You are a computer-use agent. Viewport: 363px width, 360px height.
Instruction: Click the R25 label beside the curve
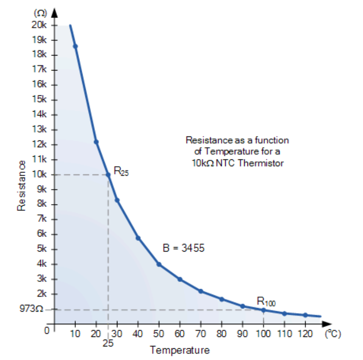pyautogui.click(x=121, y=171)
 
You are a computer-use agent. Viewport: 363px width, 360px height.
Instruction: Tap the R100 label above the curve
pyautogui.click(x=266, y=301)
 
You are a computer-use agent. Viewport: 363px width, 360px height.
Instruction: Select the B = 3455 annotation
pyautogui.click(x=183, y=248)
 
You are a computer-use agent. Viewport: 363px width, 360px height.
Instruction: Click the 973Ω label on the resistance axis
pyautogui.click(x=31, y=309)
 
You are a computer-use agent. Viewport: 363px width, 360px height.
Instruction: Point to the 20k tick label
pyautogui.click(x=38, y=25)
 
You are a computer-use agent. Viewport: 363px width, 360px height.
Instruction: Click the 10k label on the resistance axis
pyautogui.click(x=38, y=174)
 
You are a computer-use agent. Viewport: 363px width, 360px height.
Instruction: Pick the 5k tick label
pyautogui.click(x=40, y=249)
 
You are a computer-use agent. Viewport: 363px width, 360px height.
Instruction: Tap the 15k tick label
pyautogui.click(x=38, y=100)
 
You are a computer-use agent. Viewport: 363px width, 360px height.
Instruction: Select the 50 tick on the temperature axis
pyautogui.click(x=158, y=334)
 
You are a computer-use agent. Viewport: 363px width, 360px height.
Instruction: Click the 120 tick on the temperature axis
pyautogui.click(x=306, y=334)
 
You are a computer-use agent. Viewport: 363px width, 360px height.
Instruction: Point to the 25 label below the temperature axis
pyautogui.click(x=107, y=343)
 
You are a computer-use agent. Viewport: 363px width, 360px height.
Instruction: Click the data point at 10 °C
pyautogui.click(x=75, y=47)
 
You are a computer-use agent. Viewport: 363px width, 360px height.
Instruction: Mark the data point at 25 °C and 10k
pyautogui.click(x=108, y=175)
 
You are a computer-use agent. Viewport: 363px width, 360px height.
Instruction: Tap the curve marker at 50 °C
pyautogui.click(x=158, y=264)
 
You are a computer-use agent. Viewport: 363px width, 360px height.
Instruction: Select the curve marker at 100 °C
pyautogui.click(x=264, y=310)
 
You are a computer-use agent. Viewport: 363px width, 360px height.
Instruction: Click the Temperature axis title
pyautogui.click(x=180, y=350)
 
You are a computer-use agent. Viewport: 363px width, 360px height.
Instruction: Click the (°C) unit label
pyautogui.click(x=333, y=334)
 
